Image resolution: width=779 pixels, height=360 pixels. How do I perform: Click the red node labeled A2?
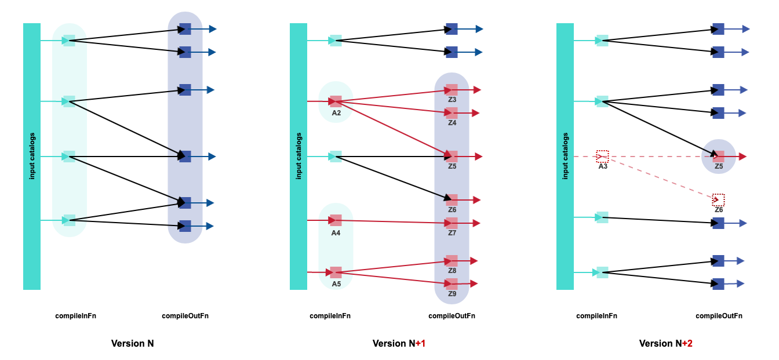click(336, 101)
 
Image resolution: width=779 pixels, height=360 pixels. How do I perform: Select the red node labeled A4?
click(336, 220)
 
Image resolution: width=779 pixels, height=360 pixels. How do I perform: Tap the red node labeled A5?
click(336, 272)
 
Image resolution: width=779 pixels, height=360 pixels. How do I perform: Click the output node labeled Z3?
click(452, 90)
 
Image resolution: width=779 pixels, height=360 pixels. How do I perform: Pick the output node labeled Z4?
click(452, 113)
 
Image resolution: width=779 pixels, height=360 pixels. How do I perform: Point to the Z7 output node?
click(452, 223)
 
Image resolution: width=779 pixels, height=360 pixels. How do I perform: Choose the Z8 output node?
click(452, 261)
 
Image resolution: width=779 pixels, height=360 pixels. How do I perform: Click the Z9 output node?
click(452, 284)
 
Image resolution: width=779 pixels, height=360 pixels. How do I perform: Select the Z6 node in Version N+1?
click(452, 200)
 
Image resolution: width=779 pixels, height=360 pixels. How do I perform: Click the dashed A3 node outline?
click(602, 157)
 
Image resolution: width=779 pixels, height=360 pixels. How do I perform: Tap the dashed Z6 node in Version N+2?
click(718, 200)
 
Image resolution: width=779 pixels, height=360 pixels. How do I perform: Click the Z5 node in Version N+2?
click(719, 157)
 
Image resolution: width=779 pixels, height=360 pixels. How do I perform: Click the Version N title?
click(132, 343)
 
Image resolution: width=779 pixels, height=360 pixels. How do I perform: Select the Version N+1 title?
click(399, 343)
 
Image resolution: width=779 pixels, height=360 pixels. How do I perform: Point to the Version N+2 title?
click(665, 343)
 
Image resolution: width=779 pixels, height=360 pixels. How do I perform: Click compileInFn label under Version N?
click(75, 316)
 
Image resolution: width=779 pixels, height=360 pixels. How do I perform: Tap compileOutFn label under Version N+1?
click(452, 316)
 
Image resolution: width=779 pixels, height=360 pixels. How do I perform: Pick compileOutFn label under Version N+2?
click(719, 316)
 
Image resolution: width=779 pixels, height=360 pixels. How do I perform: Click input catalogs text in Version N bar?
click(32, 156)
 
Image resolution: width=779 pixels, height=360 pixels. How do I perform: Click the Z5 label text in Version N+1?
click(452, 166)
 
